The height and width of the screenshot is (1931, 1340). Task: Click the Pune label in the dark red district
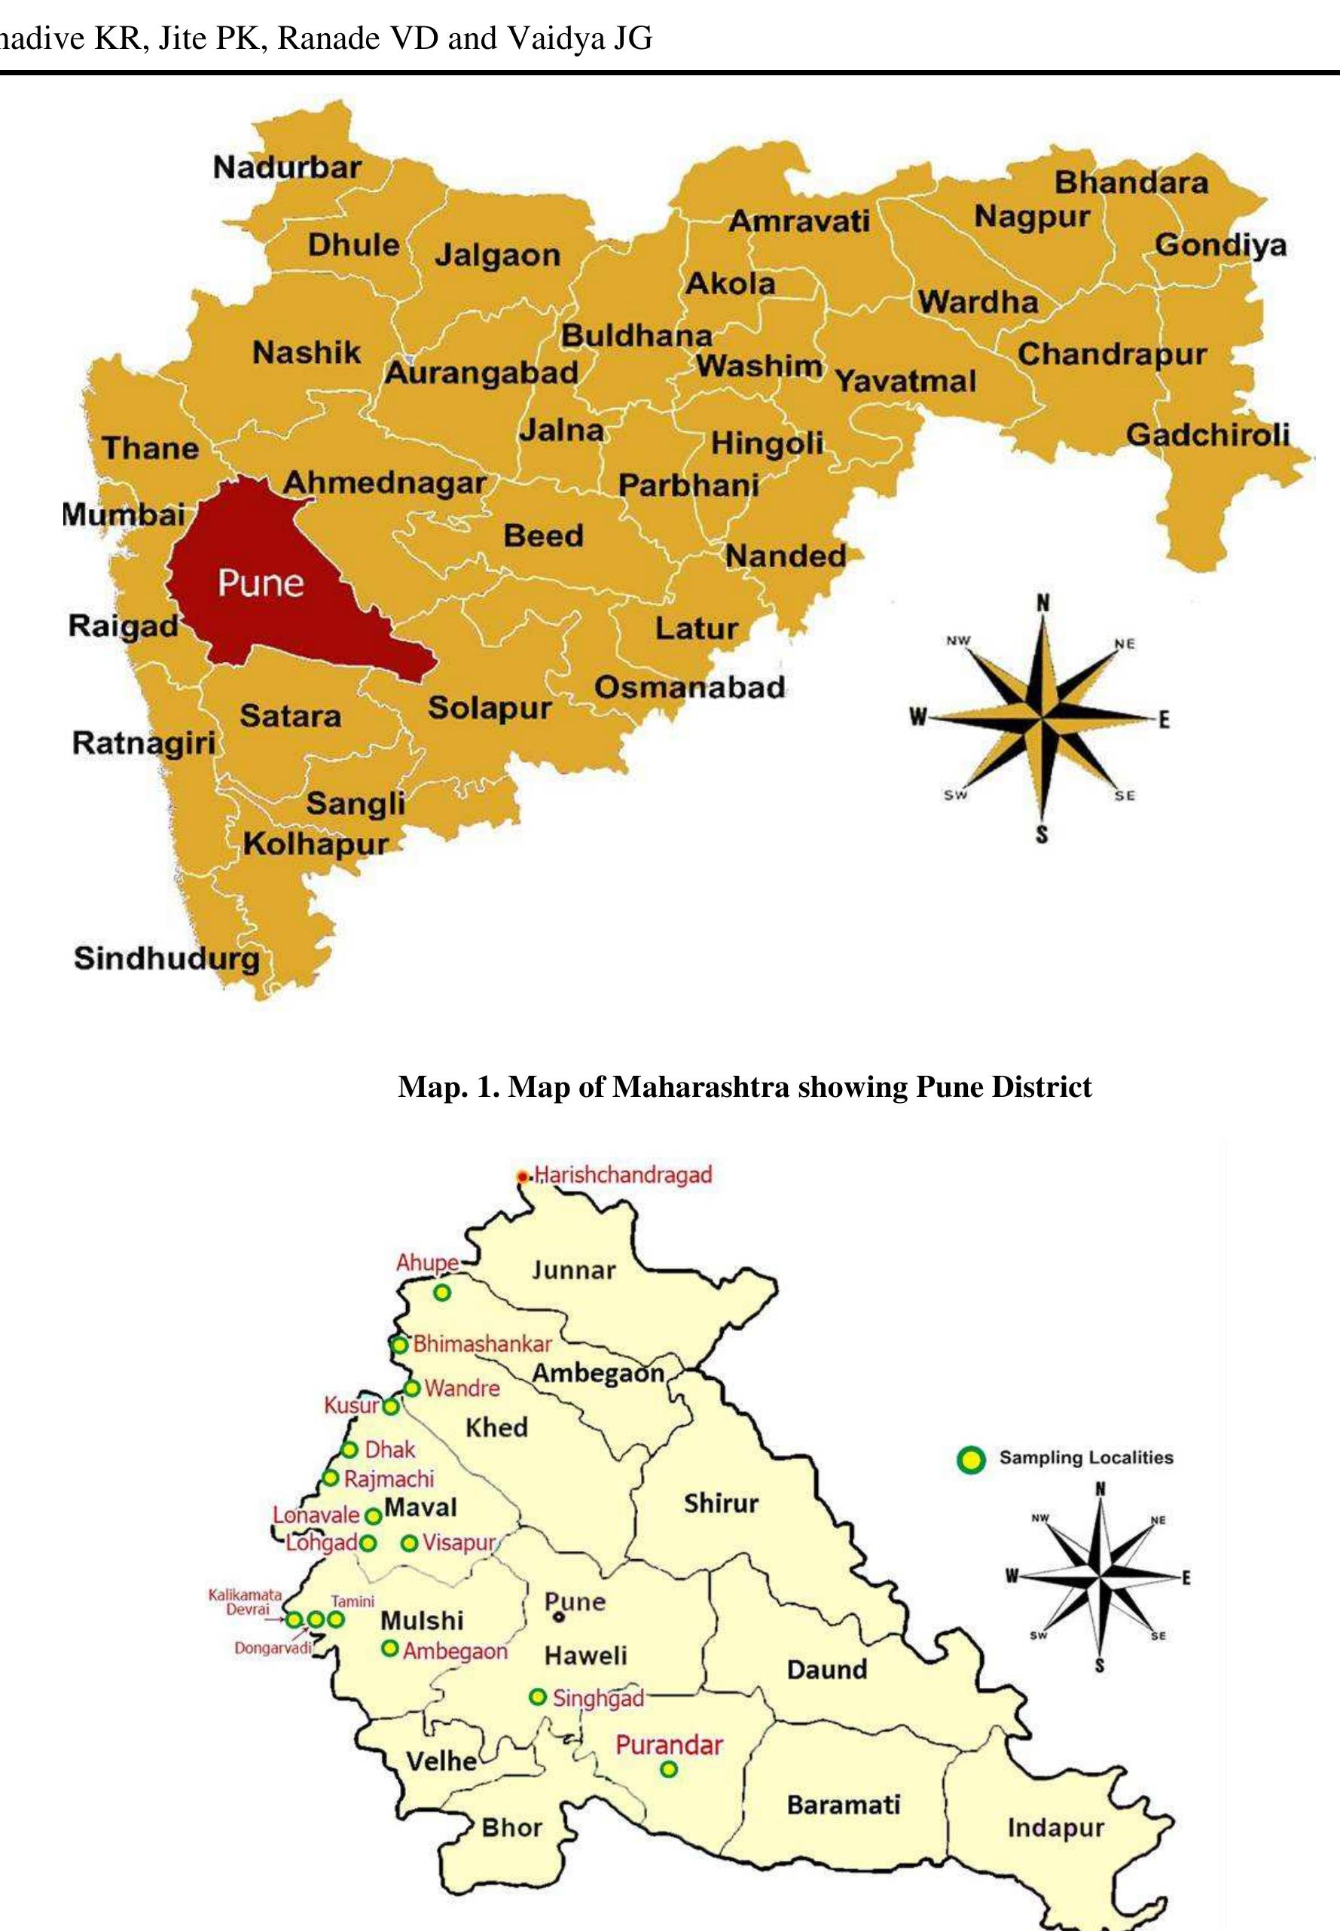pos(261,583)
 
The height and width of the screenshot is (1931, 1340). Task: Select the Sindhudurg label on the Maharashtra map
pos(166,958)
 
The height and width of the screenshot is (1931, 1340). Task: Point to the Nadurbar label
pos(286,167)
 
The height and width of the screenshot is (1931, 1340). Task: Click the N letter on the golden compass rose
pos(1042,603)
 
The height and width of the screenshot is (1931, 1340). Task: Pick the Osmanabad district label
pos(689,687)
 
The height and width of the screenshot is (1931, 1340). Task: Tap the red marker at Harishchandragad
pos(523,1177)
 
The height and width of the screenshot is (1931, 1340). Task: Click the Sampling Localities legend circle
pos(971,1460)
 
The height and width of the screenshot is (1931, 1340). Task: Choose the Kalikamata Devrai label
pos(245,1601)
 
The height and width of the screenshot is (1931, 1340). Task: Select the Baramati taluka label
pos(843,1805)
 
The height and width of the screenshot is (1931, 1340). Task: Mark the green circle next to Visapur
pos(409,1543)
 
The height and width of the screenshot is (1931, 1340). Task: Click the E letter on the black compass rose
pos(1186,1578)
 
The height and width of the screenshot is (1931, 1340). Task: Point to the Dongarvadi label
pos(272,1648)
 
